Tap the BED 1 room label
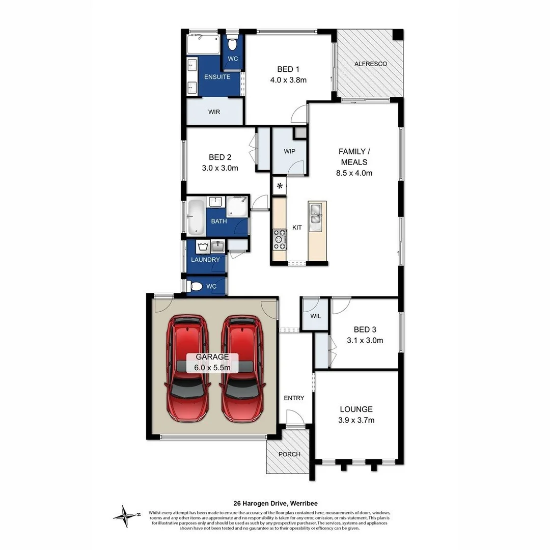(x=285, y=69)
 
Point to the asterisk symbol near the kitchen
(x=280, y=186)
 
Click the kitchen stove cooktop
(x=280, y=239)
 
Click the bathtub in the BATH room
(x=196, y=216)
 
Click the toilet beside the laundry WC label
(x=195, y=287)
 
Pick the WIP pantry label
(x=289, y=151)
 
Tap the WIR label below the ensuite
(x=214, y=112)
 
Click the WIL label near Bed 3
(x=316, y=316)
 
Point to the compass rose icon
(x=124, y=516)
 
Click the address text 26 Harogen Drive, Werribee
(x=275, y=503)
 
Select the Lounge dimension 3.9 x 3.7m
(x=356, y=420)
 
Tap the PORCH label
(x=289, y=454)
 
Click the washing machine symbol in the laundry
(x=203, y=248)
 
